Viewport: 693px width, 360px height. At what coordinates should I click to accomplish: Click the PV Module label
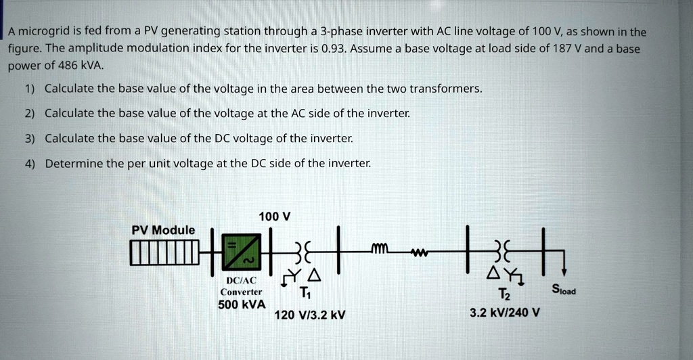[162, 230]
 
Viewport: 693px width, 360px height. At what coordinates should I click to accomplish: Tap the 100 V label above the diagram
[275, 217]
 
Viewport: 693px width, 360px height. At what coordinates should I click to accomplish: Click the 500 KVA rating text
[242, 305]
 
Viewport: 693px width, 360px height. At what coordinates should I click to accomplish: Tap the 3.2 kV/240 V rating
[504, 313]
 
